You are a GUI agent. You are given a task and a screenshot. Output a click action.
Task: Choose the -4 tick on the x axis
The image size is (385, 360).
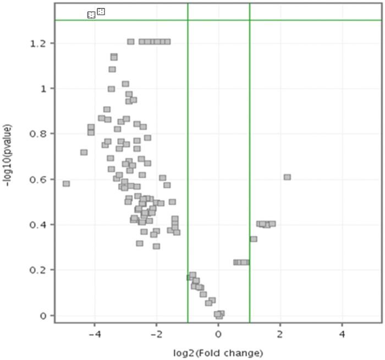[x=95, y=334]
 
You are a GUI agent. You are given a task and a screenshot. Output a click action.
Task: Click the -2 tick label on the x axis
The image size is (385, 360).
[x=156, y=334]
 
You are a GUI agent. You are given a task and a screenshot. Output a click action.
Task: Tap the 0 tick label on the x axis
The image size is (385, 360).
[x=218, y=334]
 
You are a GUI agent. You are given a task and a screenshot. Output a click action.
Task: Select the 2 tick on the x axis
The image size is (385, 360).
[x=280, y=334]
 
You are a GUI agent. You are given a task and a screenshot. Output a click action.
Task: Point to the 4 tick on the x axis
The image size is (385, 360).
[x=342, y=334]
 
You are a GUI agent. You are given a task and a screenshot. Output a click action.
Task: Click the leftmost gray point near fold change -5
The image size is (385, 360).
[x=66, y=183]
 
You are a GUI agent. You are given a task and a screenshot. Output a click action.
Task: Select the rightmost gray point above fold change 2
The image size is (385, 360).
[x=287, y=177]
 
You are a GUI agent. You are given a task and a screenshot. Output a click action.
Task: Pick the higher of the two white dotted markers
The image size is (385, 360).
[x=101, y=11]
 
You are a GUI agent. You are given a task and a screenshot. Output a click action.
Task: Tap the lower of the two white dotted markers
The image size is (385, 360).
[x=91, y=15]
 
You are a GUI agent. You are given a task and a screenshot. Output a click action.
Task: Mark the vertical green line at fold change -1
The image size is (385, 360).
[x=188, y=165]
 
